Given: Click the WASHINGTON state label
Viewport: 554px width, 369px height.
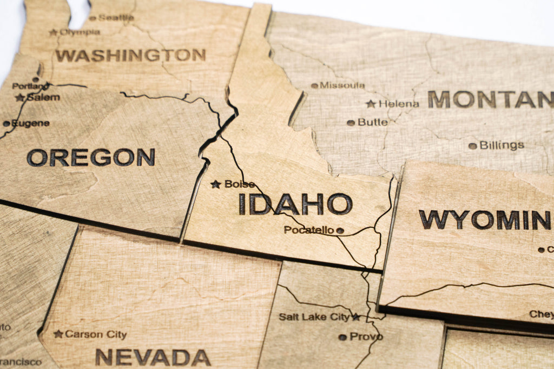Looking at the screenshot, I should point(130,55).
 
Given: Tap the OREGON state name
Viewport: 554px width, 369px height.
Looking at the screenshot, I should point(91,157).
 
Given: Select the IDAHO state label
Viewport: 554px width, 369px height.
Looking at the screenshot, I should point(295,204).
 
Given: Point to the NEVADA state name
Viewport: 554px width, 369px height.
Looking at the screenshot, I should point(153,357).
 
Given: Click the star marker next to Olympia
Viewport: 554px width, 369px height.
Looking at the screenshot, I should point(53,32).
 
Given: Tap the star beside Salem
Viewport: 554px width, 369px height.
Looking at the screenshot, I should point(21,98).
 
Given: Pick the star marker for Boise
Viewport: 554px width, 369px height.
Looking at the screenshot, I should point(216,184).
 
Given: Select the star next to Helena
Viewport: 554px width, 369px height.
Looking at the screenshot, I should point(371,104).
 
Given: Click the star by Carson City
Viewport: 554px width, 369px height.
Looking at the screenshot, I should point(58,334).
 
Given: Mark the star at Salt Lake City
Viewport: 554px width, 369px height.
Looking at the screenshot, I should point(356,317).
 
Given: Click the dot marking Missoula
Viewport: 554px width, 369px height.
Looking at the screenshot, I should point(314,85).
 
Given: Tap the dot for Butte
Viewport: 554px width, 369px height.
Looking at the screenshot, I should point(351,123).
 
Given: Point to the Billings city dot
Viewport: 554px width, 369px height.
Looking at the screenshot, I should point(472,146).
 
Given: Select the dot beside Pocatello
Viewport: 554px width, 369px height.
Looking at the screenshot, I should point(340,231).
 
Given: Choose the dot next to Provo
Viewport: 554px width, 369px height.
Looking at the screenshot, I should point(342,337).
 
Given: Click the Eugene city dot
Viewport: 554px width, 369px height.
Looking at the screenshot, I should point(6,124).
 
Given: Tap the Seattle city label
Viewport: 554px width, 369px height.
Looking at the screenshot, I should point(116,18).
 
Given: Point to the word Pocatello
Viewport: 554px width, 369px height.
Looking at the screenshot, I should point(309,230).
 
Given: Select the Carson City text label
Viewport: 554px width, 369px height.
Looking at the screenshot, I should point(96,334).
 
